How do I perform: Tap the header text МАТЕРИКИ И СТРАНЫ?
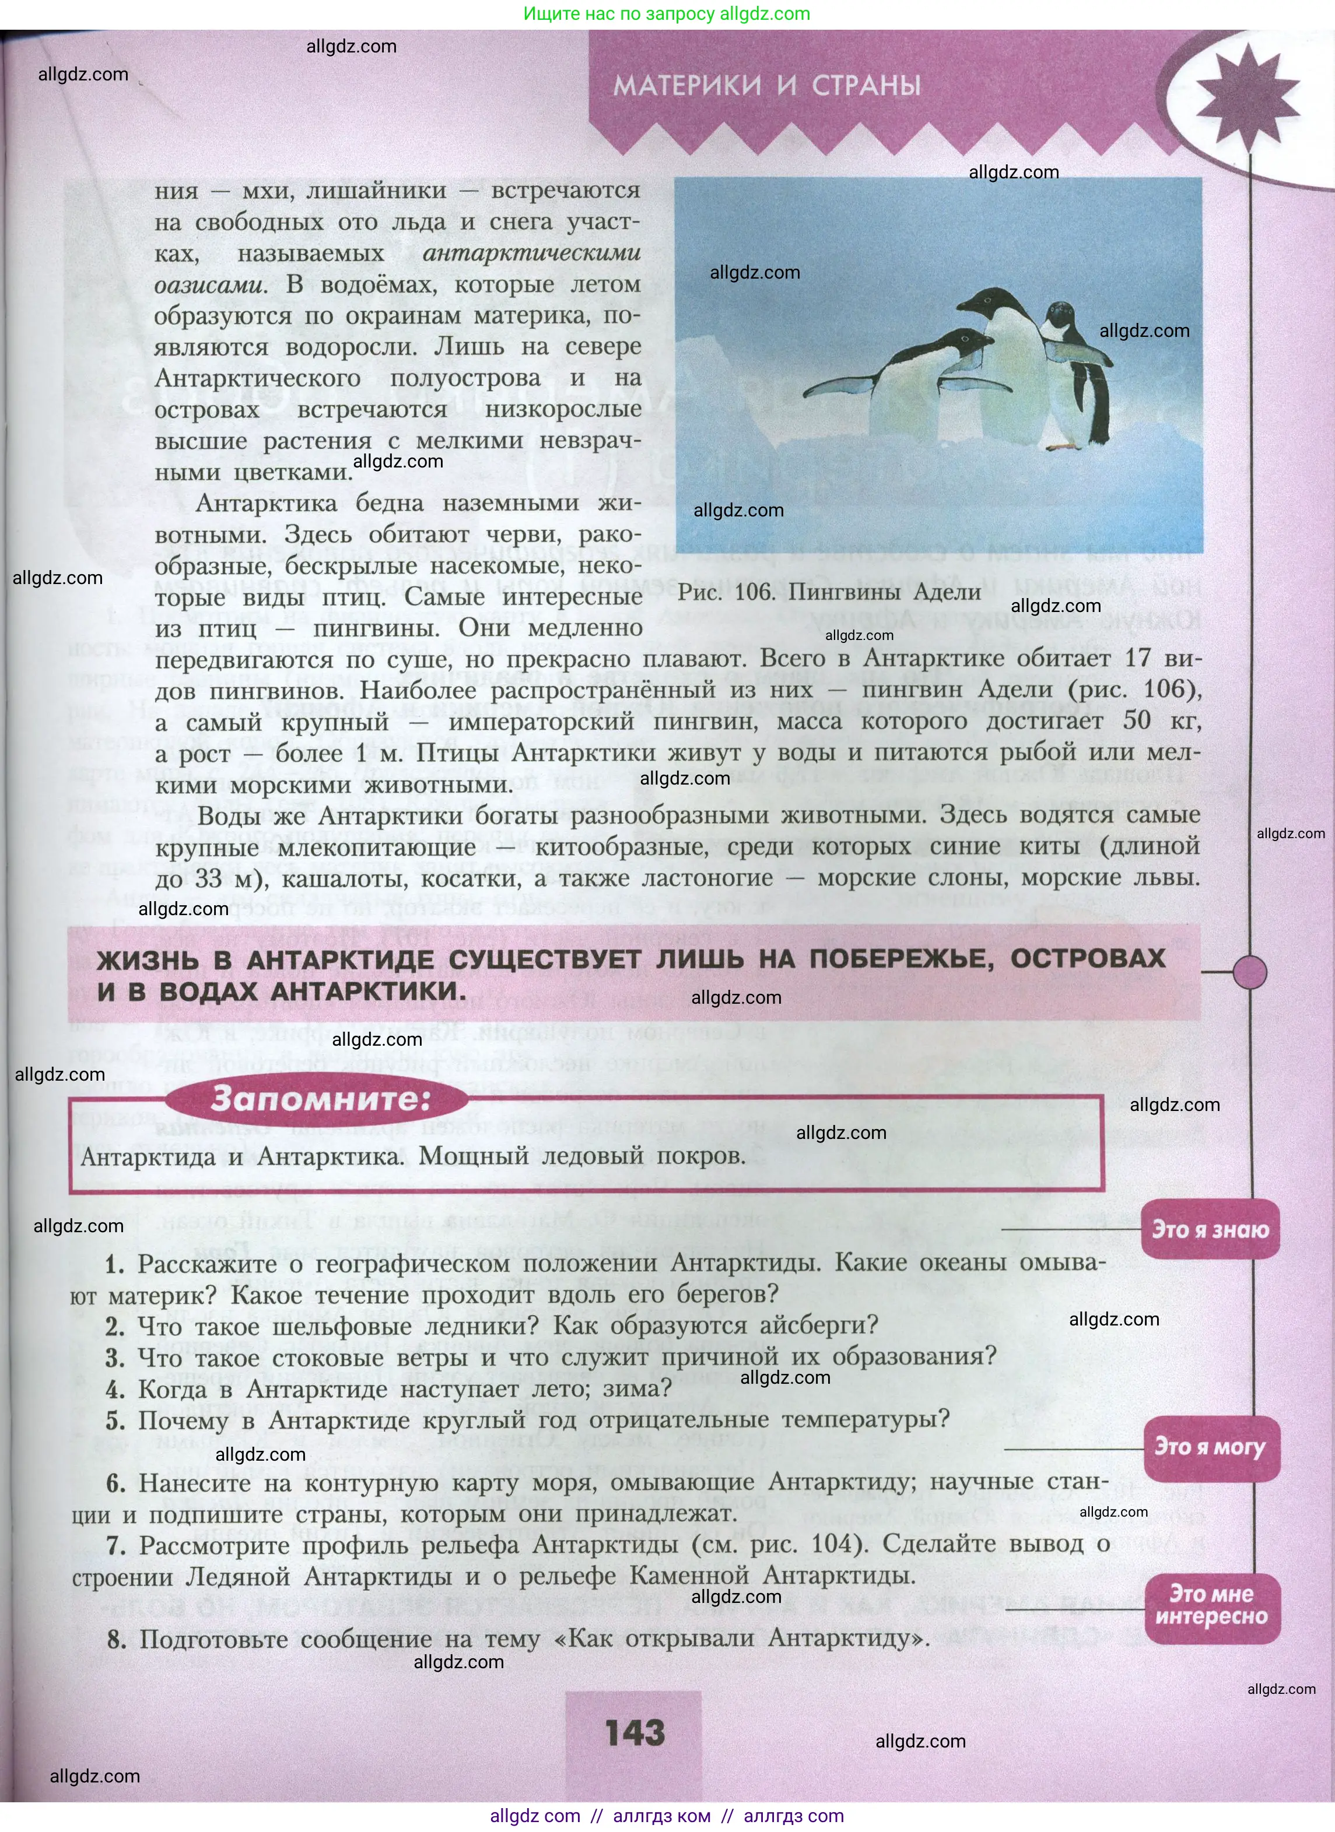coord(767,86)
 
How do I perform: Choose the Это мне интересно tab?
coord(1211,1605)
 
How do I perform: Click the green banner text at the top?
coord(667,14)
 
